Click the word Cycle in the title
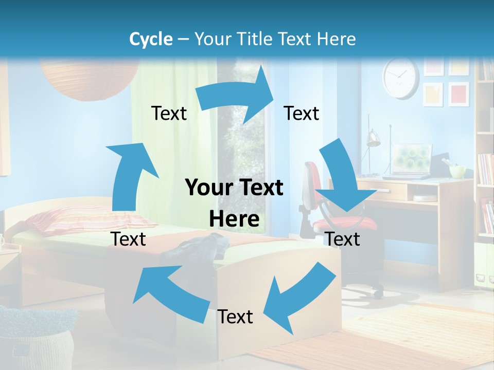pos(150,39)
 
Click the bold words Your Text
pos(234,188)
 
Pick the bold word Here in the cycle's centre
pos(234,219)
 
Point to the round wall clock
pos(401,78)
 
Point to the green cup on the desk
pos(457,171)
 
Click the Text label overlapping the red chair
pos(343,239)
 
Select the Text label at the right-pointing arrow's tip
pos(302,113)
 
